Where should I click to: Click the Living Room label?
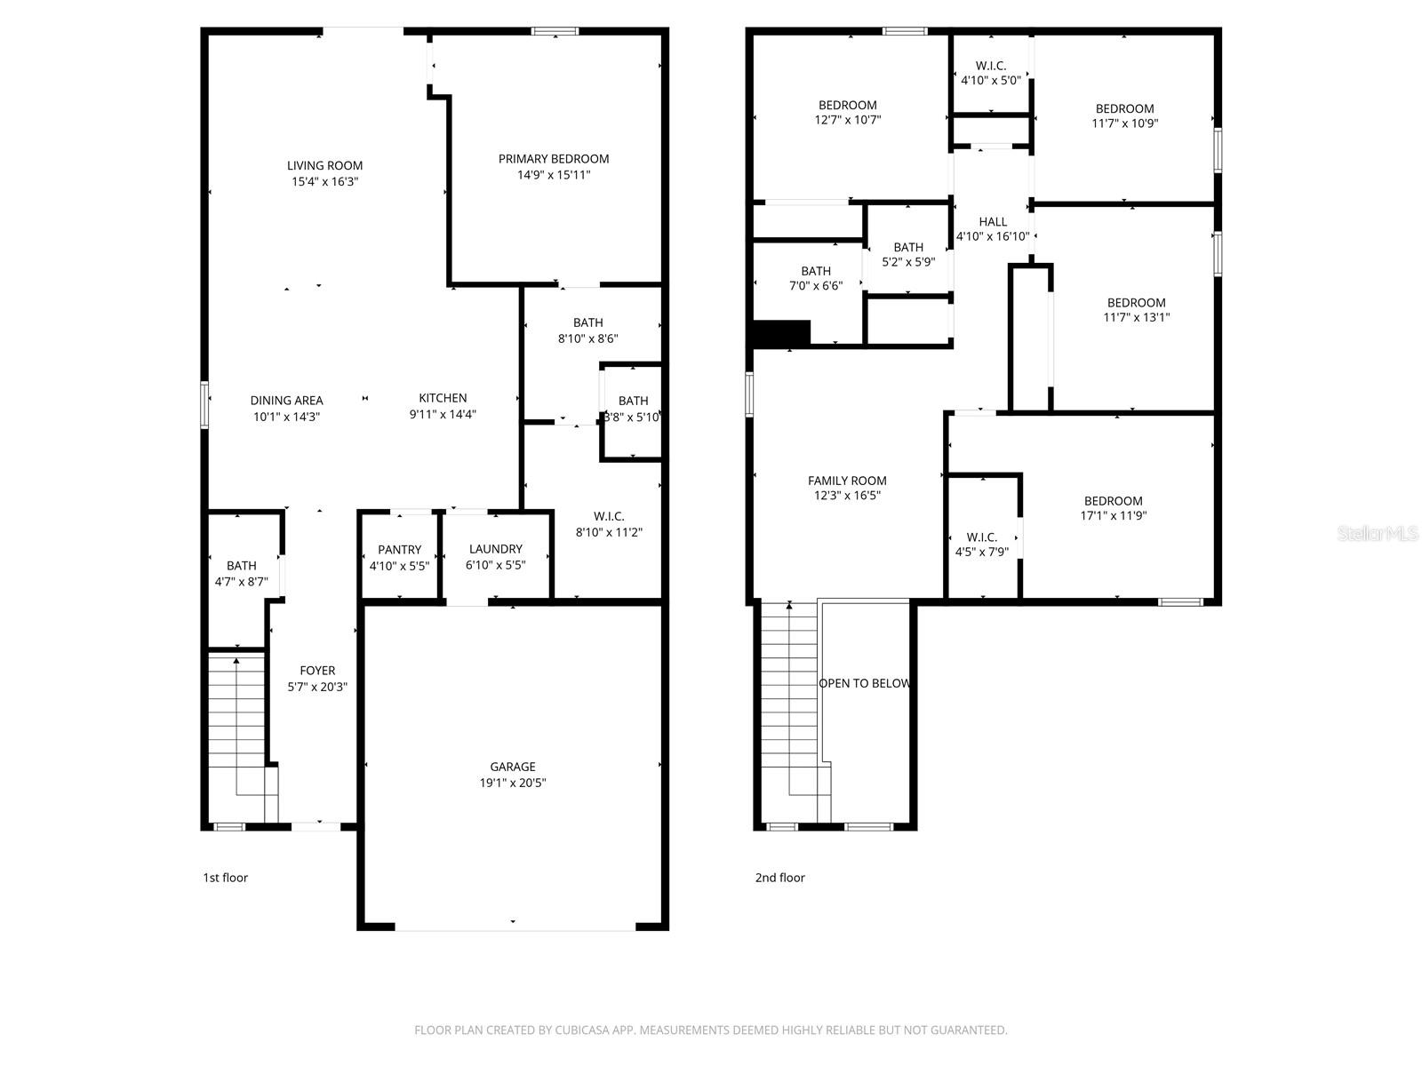click(x=324, y=165)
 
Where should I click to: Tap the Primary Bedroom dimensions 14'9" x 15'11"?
click(x=554, y=175)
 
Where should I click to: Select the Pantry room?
click(x=399, y=557)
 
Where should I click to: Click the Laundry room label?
click(x=496, y=549)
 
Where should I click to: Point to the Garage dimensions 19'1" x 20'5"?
click(x=513, y=783)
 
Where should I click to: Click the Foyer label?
click(x=317, y=671)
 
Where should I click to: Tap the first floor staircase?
click(x=238, y=720)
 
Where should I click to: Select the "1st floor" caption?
click(x=226, y=878)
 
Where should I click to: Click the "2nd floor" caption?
click(x=779, y=878)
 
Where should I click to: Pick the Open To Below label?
click(x=865, y=683)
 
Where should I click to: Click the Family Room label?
click(x=847, y=481)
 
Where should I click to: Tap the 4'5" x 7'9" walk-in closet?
click(x=981, y=545)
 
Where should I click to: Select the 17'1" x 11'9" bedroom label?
click(x=1113, y=501)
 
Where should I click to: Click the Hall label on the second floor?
click(x=993, y=222)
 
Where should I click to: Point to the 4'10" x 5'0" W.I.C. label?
click(x=991, y=66)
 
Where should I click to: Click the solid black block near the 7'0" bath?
click(x=781, y=333)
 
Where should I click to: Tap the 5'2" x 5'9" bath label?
click(x=908, y=247)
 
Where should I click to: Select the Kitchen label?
click(x=443, y=398)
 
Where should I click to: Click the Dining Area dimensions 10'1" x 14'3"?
click(x=286, y=416)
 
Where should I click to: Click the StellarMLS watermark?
click(x=1378, y=534)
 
